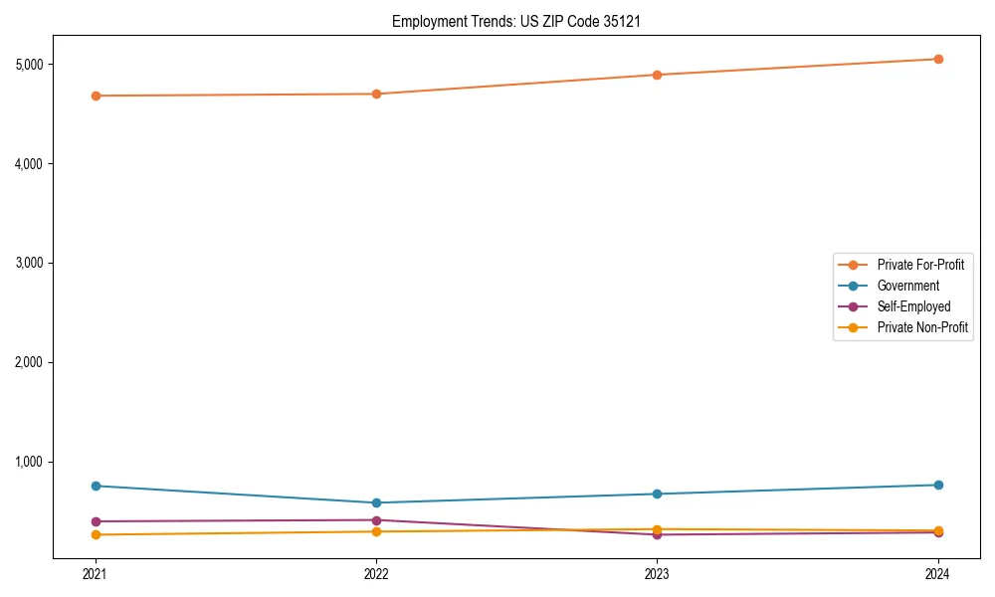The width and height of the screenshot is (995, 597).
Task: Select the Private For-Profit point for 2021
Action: click(x=96, y=96)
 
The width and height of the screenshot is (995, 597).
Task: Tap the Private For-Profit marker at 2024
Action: click(x=938, y=59)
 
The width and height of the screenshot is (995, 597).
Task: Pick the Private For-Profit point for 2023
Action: click(x=657, y=75)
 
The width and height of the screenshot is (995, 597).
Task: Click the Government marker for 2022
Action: click(x=376, y=502)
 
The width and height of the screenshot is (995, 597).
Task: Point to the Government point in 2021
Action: click(x=96, y=486)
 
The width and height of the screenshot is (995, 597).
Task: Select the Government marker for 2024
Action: click(x=938, y=485)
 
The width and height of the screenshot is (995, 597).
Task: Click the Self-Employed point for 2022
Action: click(x=376, y=520)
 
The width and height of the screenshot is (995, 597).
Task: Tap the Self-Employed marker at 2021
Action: click(x=96, y=521)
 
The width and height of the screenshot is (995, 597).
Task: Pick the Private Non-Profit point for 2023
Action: click(x=657, y=529)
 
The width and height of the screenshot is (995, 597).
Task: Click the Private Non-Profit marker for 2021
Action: click(x=96, y=534)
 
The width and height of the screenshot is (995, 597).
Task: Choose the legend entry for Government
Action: click(x=907, y=286)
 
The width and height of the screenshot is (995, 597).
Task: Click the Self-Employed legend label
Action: click(x=913, y=306)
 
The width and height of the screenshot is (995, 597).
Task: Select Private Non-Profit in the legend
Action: click(x=922, y=327)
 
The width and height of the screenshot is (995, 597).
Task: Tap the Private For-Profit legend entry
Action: click(x=920, y=265)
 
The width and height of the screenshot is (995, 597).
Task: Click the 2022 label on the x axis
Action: click(x=376, y=573)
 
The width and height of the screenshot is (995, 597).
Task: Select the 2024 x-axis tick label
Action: click(x=938, y=573)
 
